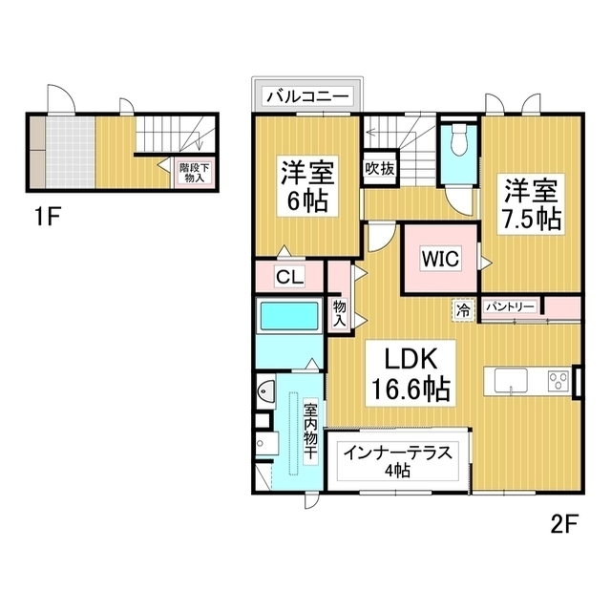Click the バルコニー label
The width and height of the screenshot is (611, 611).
click(308, 95)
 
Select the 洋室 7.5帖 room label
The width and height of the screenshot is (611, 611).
click(533, 202)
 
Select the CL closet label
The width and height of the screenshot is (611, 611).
click(290, 278)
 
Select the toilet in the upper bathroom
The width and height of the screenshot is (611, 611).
click(458, 139)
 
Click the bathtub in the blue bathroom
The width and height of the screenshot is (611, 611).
click(288, 316)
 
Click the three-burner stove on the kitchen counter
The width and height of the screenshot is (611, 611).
click(557, 382)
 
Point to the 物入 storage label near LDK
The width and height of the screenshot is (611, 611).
click(339, 312)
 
